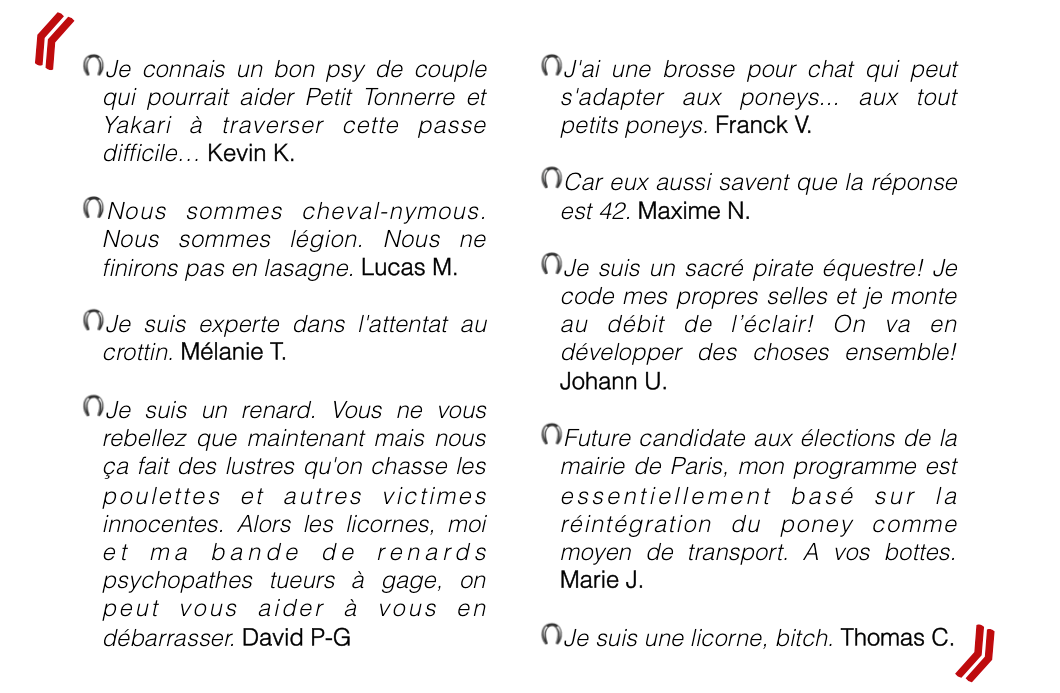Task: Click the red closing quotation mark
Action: [975, 653]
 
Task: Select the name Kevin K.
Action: [251, 154]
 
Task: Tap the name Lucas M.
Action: [409, 267]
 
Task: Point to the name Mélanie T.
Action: [233, 352]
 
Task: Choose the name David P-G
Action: [296, 637]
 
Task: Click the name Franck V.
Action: [763, 125]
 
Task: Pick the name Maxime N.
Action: [694, 211]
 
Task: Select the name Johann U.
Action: [613, 381]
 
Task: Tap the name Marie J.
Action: [601, 580]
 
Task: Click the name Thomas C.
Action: [897, 637]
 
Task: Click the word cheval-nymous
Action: [394, 211]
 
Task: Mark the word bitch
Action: [806, 638]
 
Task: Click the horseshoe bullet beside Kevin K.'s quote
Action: [93, 67]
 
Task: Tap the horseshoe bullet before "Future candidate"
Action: [551, 435]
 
